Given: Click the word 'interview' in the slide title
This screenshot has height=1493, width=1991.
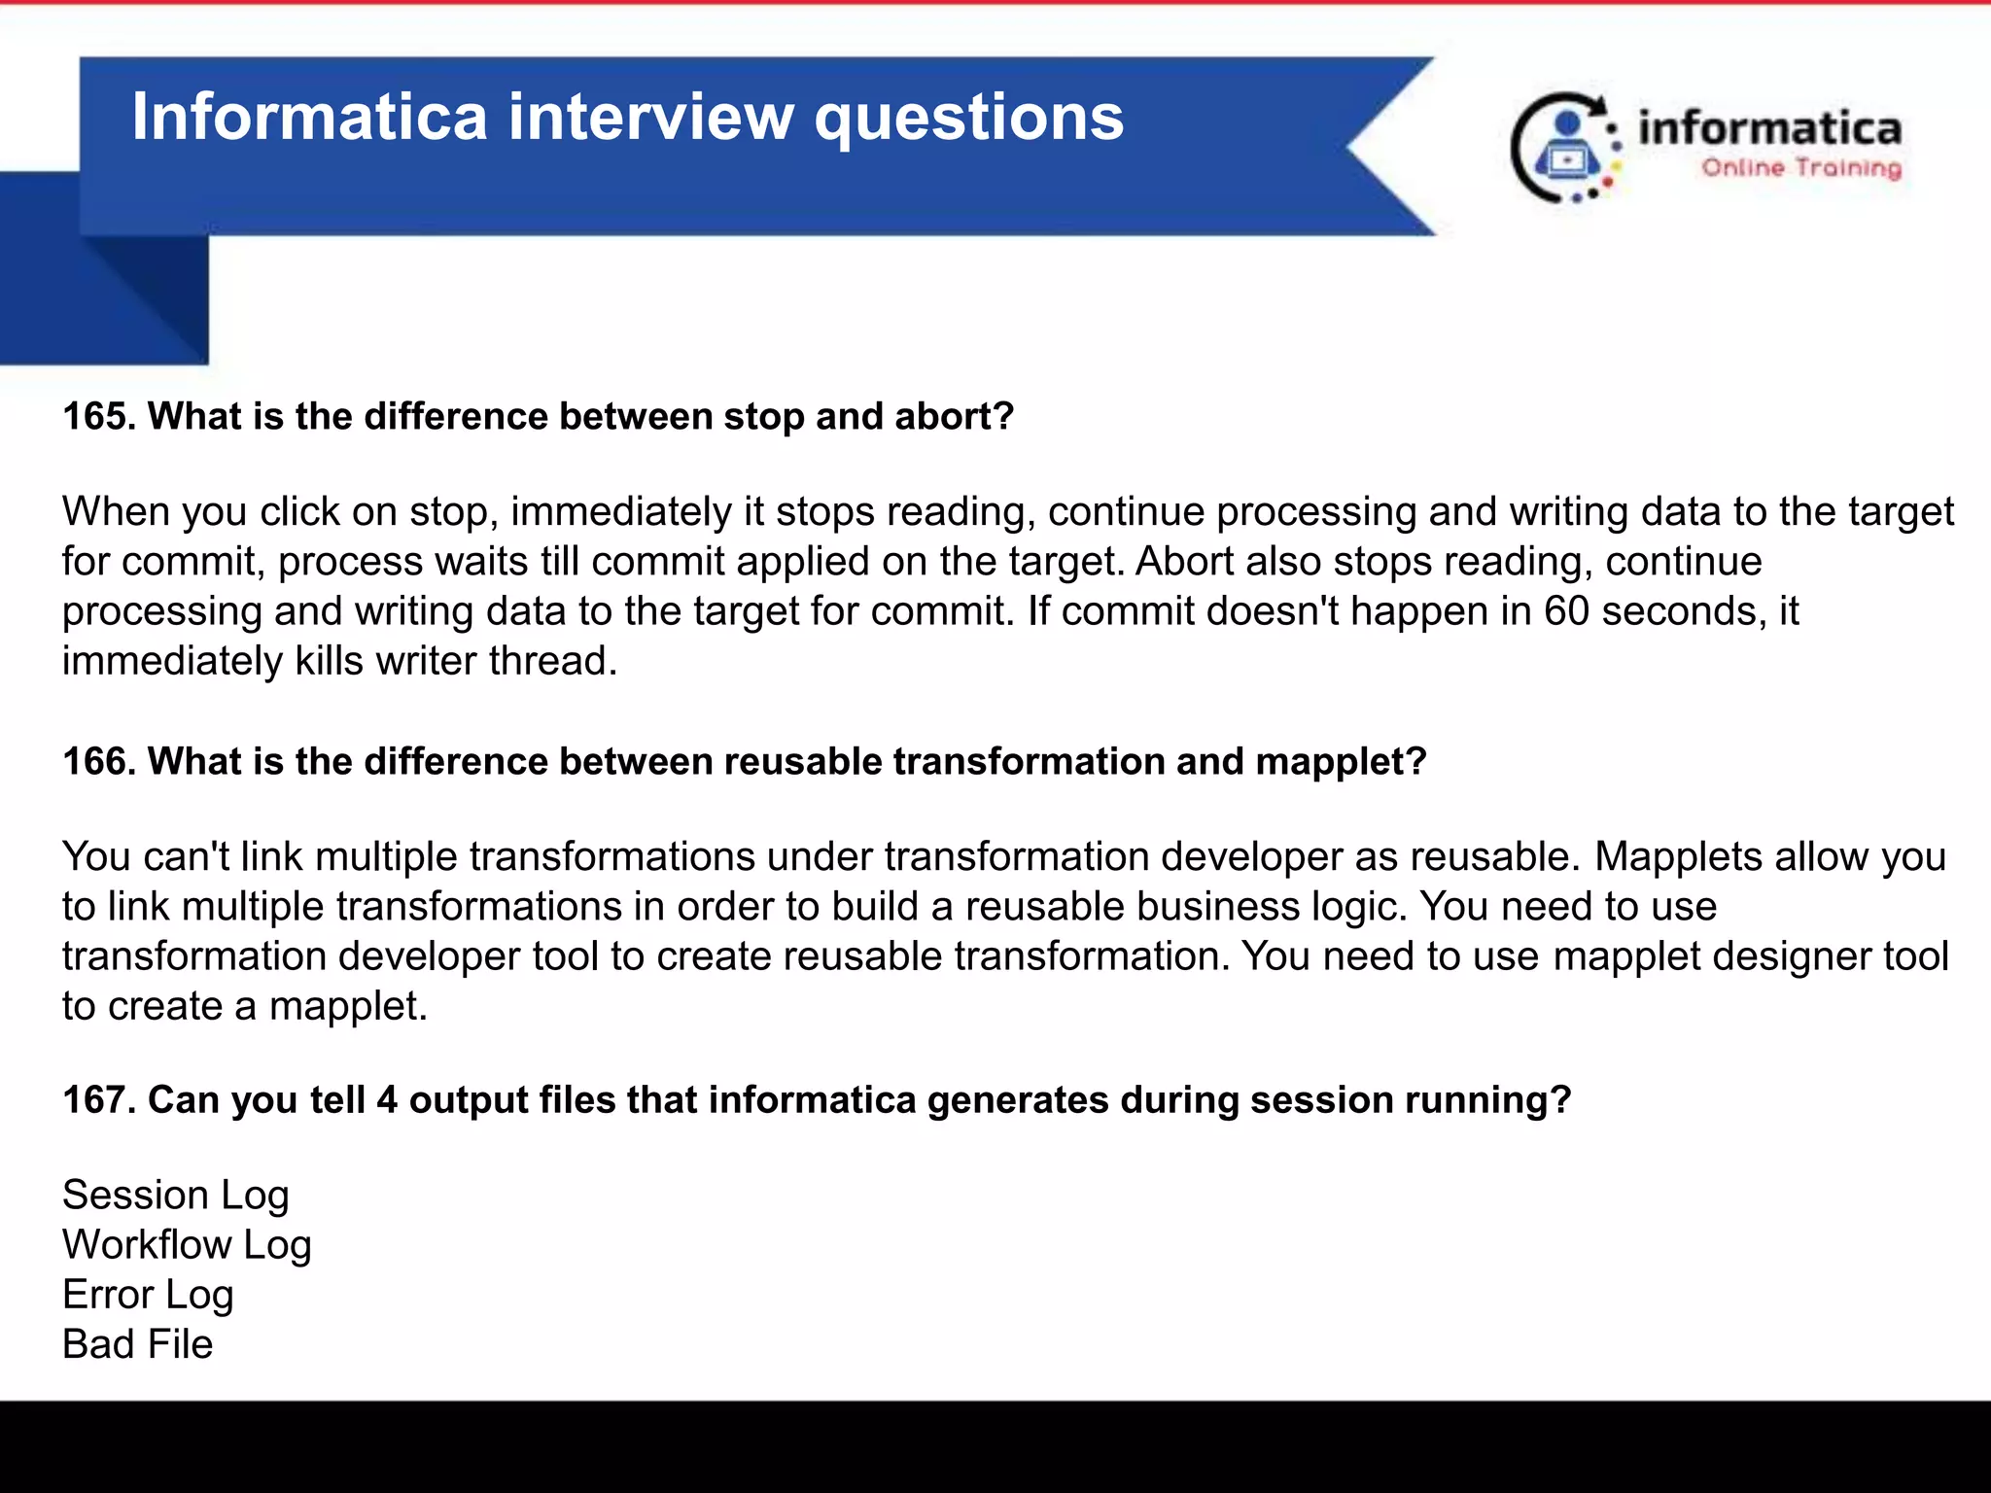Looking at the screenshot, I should (650, 118).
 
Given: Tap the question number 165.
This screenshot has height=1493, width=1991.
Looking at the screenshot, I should (99, 417).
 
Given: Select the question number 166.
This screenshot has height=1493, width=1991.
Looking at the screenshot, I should (99, 762).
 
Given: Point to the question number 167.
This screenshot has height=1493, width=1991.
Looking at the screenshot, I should (99, 1100).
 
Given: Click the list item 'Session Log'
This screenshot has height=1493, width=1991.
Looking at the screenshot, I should (176, 1196).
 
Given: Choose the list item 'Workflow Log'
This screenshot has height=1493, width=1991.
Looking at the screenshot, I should (187, 1245).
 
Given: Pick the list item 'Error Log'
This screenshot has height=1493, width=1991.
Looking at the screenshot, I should (148, 1295).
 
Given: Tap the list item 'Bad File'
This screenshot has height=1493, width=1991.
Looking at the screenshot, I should (137, 1344).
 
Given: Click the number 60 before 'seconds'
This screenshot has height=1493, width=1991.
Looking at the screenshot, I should (1566, 611).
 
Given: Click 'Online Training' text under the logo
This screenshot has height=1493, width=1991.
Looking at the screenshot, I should (1801, 168).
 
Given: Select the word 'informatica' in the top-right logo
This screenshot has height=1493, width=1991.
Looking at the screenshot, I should (1769, 128).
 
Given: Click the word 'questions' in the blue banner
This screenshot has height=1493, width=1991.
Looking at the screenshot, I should (968, 118).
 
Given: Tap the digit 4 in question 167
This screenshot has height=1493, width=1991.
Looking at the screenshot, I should (387, 1100).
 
